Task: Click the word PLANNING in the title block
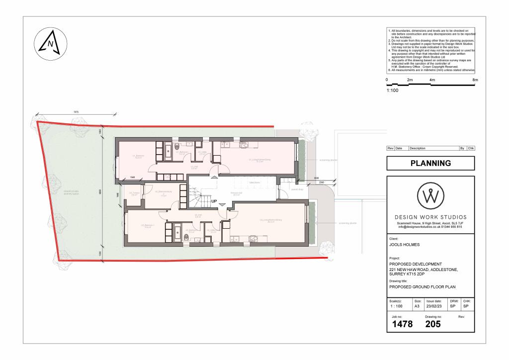tap(430, 163)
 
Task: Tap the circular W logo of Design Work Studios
tap(430, 196)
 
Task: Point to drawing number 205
tap(433, 324)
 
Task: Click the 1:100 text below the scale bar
tap(393, 90)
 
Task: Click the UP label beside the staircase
tap(215, 202)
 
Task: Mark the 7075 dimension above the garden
tap(76, 112)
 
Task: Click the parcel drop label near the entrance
tap(283, 189)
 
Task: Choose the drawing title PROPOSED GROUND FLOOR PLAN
tap(422, 287)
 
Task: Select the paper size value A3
tap(417, 307)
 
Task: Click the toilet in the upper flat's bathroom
tap(178, 147)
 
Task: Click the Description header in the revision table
tap(418, 148)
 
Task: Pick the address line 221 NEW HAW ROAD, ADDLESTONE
tap(423, 270)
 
